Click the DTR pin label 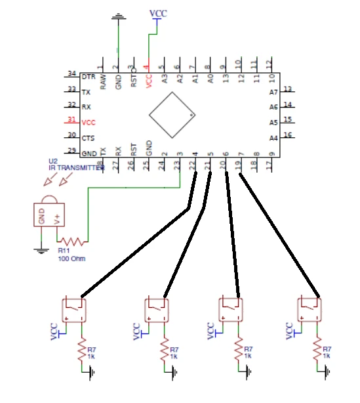tap(87, 77)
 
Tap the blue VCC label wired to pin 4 tap(157, 13)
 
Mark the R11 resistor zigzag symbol tap(76, 242)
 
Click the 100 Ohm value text tap(71, 259)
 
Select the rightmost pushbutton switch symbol tap(308, 308)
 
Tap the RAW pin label tap(102, 81)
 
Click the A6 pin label tap(274, 107)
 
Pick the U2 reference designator tap(52, 161)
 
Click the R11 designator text tap(64, 251)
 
